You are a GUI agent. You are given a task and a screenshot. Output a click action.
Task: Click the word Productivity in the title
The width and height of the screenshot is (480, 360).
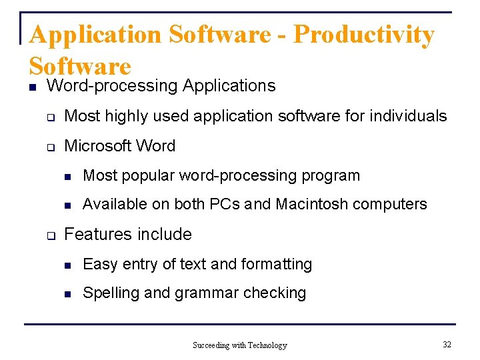coord(363,35)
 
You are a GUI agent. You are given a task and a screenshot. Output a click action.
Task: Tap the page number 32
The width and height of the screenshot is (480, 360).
coord(447,345)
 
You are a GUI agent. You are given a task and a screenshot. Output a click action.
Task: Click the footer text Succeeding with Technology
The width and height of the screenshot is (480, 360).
coord(239,345)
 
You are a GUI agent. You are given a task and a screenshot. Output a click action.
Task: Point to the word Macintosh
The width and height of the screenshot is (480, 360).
coord(312,204)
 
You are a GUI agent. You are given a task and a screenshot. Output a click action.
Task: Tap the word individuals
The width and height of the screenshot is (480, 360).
coord(408,116)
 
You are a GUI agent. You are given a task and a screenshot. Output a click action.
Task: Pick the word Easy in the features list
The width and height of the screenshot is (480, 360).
coord(99,265)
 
